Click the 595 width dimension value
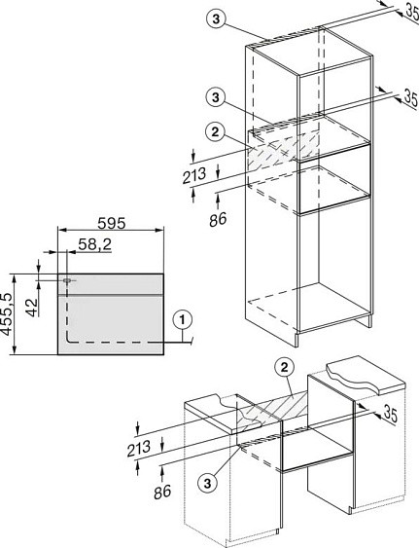click(x=112, y=223)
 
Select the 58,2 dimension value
click(x=94, y=244)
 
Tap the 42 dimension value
click(x=32, y=308)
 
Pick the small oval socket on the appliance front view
click(x=67, y=280)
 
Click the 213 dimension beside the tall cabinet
click(x=194, y=175)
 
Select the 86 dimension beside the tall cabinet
click(x=218, y=219)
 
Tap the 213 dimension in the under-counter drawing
click(x=139, y=449)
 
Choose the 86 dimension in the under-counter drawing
click(x=162, y=492)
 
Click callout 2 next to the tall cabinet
click(x=215, y=131)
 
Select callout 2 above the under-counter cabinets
click(x=284, y=367)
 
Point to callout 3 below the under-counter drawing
click(x=208, y=484)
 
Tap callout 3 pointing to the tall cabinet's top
click(x=216, y=18)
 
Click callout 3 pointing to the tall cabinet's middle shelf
click(x=216, y=97)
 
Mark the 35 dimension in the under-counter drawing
click(x=391, y=414)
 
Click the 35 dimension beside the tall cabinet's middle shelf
click(x=411, y=98)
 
